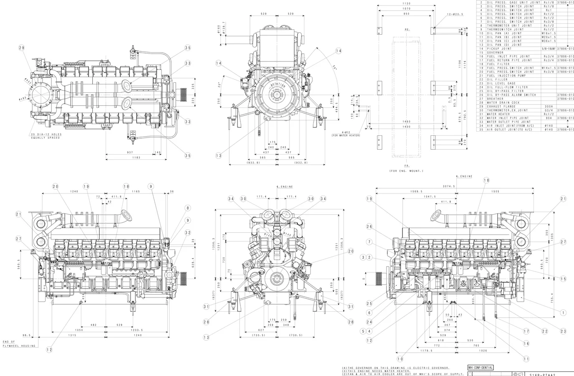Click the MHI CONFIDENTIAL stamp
480,368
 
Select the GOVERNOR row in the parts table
495,53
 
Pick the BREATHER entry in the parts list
495,99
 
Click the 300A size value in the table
549,107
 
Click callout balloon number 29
22,48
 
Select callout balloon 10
400,359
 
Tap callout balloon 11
526,359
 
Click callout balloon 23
564,331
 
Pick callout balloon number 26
369,227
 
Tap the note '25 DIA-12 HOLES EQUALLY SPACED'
46,136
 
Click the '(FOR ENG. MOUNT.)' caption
406,171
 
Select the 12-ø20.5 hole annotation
455,14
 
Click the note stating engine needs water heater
376,371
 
